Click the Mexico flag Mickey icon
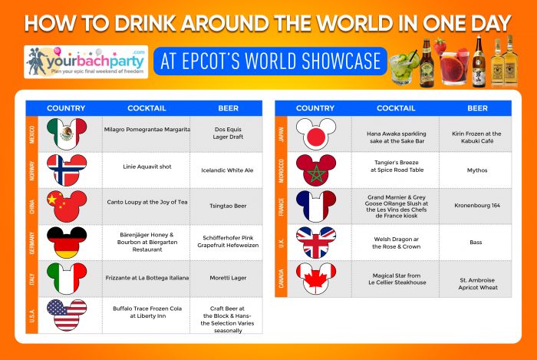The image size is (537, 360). [x=67, y=134]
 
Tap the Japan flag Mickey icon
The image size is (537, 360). [x=316, y=134]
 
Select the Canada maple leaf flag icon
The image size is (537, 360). [x=316, y=279]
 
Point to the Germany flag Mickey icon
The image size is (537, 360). [x=67, y=242]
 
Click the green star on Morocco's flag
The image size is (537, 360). [x=316, y=174]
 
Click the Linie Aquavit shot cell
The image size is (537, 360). [x=147, y=170]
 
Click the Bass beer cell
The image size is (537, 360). [x=476, y=242]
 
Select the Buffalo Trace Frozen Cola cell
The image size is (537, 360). [x=147, y=315]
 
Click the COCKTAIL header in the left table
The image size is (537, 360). [x=147, y=108]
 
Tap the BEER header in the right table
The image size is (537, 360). [x=477, y=108]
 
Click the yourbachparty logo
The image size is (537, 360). [x=86, y=62]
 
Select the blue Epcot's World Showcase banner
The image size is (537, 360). [x=270, y=61]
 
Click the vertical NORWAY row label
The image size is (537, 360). [x=32, y=170]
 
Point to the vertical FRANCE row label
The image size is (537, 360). [x=282, y=206]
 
